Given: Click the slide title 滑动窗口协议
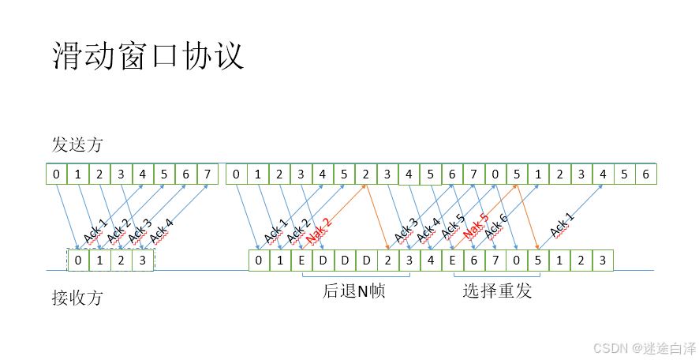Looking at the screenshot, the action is tap(148, 57).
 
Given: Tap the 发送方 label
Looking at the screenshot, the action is tap(77, 145).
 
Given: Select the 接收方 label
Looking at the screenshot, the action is tap(77, 298).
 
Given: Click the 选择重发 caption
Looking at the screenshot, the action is tap(497, 291).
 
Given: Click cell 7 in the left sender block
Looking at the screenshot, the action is tap(207, 174).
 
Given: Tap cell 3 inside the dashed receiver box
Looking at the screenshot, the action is tap(142, 260).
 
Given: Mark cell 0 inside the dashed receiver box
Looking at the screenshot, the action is tap(78, 260).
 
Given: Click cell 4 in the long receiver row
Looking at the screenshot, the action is tap(431, 260).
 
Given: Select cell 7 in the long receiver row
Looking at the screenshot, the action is tap(495, 260).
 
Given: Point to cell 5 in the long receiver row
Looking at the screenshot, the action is tap(538, 260).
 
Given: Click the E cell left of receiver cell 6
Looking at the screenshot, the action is tap(452, 260).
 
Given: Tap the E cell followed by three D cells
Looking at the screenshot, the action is tap(302, 260).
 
